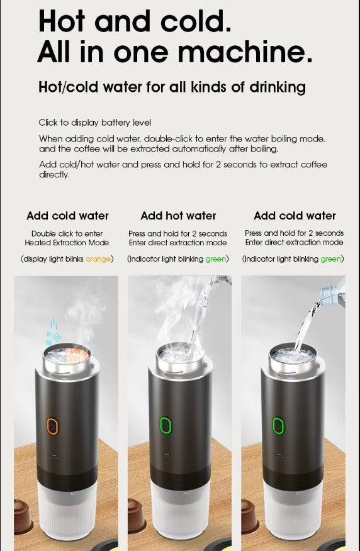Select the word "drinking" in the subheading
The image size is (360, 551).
click(x=273, y=87)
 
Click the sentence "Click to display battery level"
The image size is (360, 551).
click(x=95, y=123)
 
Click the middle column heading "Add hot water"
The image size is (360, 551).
click(x=178, y=216)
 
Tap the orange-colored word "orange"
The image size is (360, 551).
click(x=98, y=259)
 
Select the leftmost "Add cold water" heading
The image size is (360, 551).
click(x=67, y=216)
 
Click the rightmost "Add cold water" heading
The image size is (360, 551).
click(x=295, y=216)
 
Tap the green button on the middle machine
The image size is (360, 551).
click(x=166, y=426)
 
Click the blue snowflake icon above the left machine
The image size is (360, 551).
click(x=53, y=333)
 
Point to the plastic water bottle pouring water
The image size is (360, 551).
click(x=332, y=292)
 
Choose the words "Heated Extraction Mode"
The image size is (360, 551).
click(x=67, y=242)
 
